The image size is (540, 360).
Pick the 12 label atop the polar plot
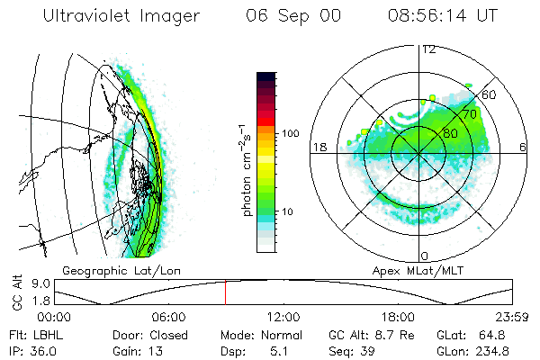point(429,49)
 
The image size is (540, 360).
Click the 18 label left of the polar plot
point(318,147)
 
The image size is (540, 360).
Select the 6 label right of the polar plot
point(524,147)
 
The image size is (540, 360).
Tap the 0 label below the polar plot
point(425,256)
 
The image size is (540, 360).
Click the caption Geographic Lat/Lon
point(108,270)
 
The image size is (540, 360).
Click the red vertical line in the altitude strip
point(225,293)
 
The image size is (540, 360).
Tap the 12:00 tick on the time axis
point(283,317)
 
